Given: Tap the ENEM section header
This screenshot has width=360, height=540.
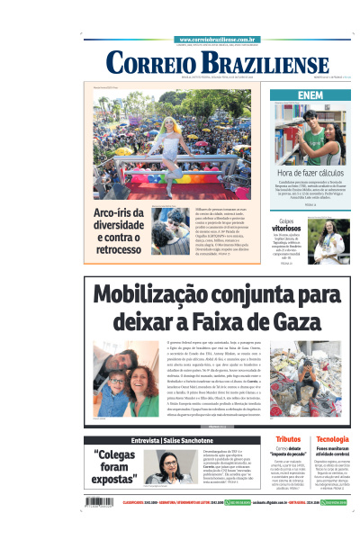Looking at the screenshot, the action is (310, 94).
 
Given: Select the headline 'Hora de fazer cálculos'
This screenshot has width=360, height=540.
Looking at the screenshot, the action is (310, 173).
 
